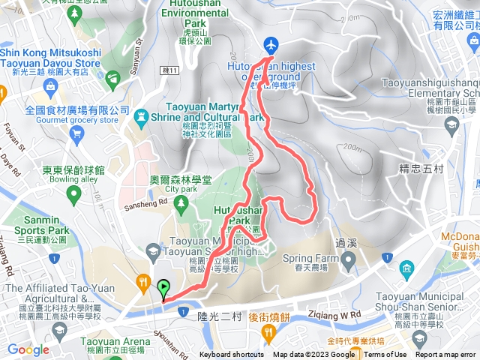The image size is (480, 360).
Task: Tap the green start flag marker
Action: pyautogui.click(x=163, y=286)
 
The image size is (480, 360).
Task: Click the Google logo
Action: pyautogui.click(x=28, y=349)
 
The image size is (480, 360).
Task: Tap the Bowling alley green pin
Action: pyautogui.click(x=73, y=196)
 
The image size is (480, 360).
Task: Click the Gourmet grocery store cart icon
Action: pyautogui.click(x=76, y=133)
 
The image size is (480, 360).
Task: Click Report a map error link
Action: pyautogui.click(x=447, y=355)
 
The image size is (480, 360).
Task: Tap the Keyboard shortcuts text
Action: pyautogui.click(x=231, y=355)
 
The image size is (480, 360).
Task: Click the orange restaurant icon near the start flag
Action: pyautogui.click(x=142, y=282)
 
